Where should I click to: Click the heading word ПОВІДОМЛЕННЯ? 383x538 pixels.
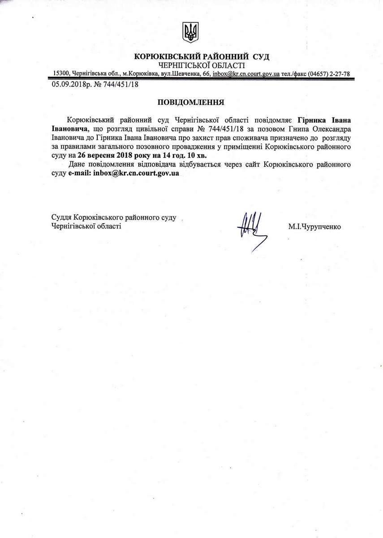click(190, 102)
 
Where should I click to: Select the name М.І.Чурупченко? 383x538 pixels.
click(314, 227)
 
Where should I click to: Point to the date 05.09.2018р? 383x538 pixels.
click(72, 84)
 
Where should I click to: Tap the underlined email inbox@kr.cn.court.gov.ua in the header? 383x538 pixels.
click(246, 74)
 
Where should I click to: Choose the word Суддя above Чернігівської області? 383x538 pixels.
click(62, 217)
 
